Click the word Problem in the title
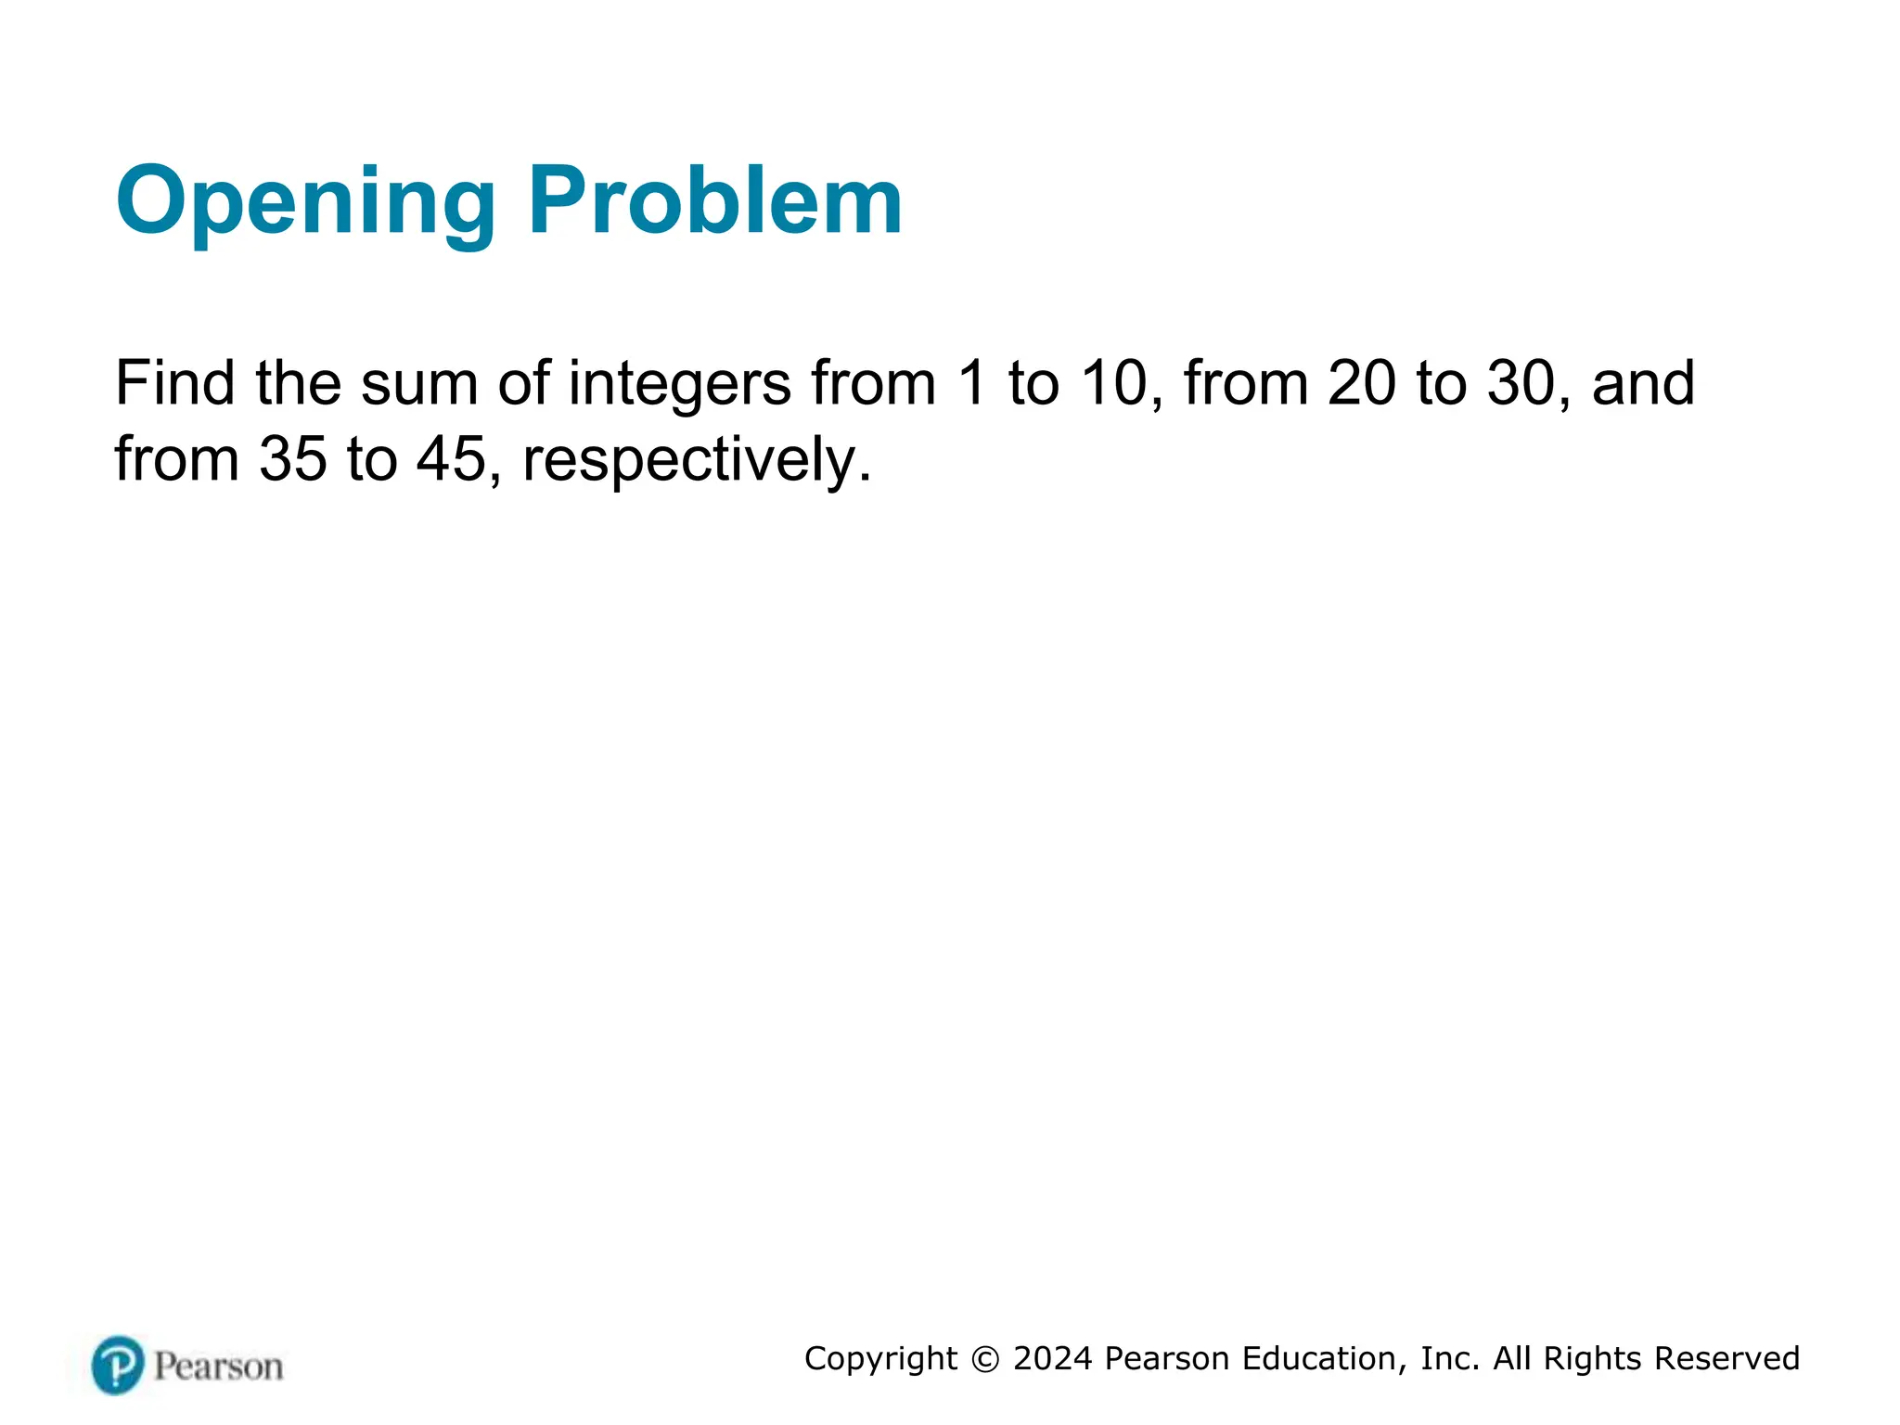[x=714, y=200]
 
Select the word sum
[x=418, y=384]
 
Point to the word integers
[x=680, y=384]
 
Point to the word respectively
[x=696, y=460]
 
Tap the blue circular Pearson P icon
[x=118, y=1365]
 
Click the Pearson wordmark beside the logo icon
[x=218, y=1367]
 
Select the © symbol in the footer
[x=984, y=1359]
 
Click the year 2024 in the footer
[x=1052, y=1358]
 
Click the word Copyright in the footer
[x=880, y=1359]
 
